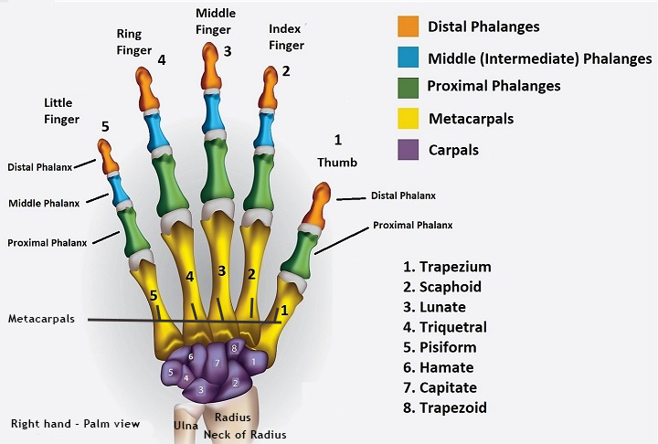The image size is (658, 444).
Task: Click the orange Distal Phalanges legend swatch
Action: coord(408,26)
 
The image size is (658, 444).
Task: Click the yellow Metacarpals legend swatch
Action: coord(408,118)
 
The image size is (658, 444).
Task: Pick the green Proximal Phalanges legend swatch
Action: coord(408,87)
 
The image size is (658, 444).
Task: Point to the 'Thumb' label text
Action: coord(337,162)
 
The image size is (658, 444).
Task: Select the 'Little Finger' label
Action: coord(58,111)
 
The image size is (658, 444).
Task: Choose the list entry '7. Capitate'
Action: coord(443,387)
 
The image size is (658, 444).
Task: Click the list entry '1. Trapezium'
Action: coord(446,267)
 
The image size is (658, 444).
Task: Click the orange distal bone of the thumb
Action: coord(317,206)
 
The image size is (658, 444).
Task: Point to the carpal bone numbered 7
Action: coord(216,364)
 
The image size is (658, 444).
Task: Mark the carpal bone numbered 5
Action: coord(171,372)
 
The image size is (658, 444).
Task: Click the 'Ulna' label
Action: coord(186,425)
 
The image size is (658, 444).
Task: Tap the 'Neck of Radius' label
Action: coord(249,434)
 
